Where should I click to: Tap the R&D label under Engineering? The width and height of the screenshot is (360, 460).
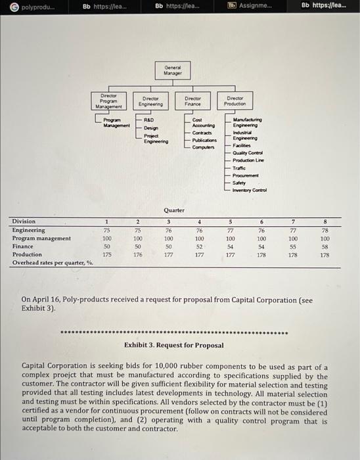click(149, 121)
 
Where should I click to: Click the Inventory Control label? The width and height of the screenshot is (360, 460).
click(250, 190)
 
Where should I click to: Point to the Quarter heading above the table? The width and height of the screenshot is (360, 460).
click(173, 210)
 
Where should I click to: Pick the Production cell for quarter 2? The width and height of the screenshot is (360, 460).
click(138, 254)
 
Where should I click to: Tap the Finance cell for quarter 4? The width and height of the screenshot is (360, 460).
click(200, 246)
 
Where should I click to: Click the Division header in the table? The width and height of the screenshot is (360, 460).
click(24, 221)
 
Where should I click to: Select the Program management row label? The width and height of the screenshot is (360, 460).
click(41, 238)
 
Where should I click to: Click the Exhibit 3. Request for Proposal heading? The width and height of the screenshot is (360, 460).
click(173, 345)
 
